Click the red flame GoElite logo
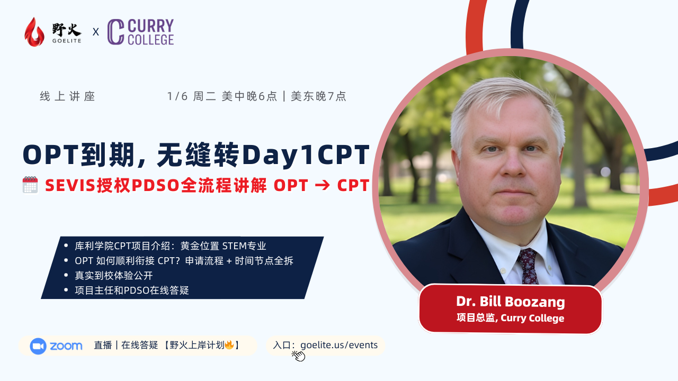click(x=34, y=32)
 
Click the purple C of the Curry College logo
click(x=115, y=32)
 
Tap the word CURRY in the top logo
click(x=151, y=26)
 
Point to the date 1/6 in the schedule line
click(x=177, y=96)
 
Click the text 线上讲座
click(x=67, y=96)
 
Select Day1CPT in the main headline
click(x=306, y=155)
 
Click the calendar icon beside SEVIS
click(x=30, y=185)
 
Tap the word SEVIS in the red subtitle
click(x=70, y=185)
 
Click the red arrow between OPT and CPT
click(x=322, y=186)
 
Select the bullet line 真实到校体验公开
click(x=114, y=276)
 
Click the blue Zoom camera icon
click(x=38, y=346)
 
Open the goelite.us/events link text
click(x=339, y=345)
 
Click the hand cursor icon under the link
click(x=298, y=356)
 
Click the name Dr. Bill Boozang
click(x=510, y=302)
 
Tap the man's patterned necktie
click(x=529, y=266)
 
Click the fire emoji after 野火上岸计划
click(x=229, y=344)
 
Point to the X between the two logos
click(x=96, y=32)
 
